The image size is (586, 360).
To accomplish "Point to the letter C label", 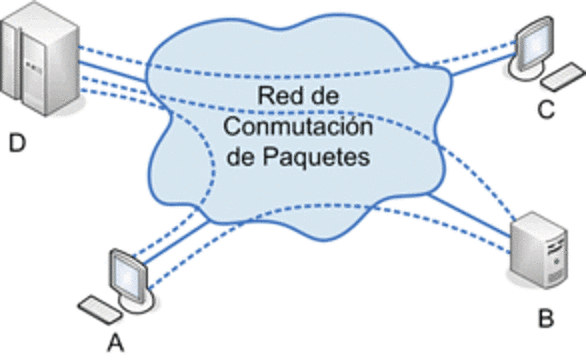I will click(546, 112).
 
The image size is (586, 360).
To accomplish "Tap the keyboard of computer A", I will click(98, 309).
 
